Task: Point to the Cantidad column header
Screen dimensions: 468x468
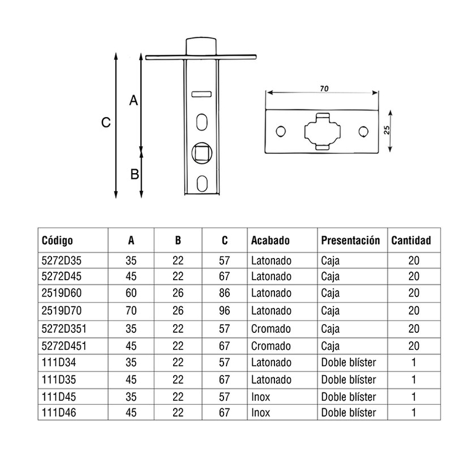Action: (411, 240)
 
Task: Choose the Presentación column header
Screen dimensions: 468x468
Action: (350, 240)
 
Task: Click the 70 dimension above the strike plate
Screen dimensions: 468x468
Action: (324, 89)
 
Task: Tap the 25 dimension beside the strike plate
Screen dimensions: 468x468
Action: (387, 130)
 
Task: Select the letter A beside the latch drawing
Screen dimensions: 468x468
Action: (133, 101)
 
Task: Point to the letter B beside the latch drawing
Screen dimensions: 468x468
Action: (134, 174)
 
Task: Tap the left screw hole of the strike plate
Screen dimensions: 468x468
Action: (281, 131)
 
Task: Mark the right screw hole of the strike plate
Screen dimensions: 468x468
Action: (364, 131)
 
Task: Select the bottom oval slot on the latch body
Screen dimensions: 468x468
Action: (202, 184)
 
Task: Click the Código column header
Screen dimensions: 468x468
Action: (57, 240)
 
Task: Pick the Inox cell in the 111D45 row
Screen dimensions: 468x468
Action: (261, 397)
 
